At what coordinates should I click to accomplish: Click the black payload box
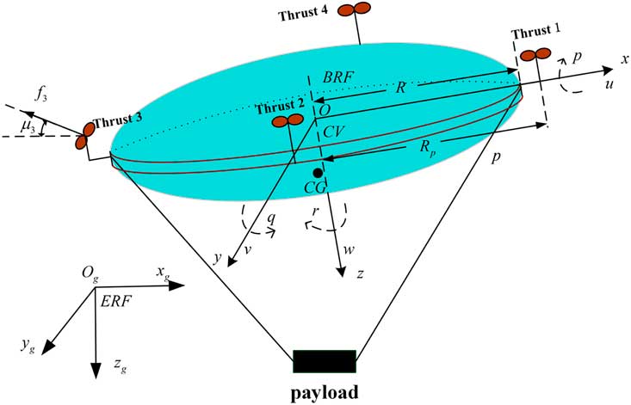[325, 361]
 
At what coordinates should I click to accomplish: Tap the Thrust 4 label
[306, 15]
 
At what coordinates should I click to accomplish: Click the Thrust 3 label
[118, 121]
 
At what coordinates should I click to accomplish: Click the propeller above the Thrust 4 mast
[354, 9]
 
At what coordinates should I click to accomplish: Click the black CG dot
[319, 174]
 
